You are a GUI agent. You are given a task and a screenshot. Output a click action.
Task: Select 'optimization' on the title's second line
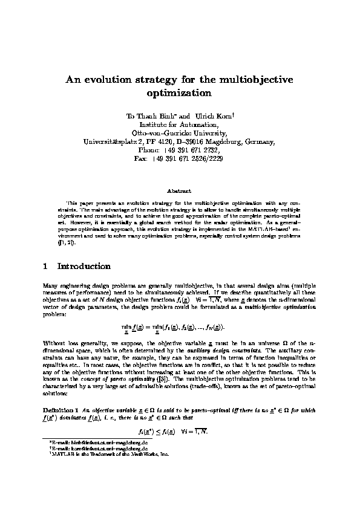point(180,94)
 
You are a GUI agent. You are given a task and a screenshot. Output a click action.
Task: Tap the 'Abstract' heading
point(179,191)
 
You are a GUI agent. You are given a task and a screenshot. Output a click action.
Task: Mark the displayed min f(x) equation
point(179,328)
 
